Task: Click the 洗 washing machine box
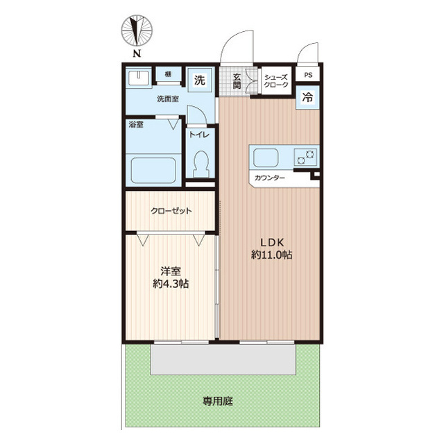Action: (200, 79)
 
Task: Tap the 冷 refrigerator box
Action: (307, 98)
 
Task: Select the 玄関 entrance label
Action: (237, 80)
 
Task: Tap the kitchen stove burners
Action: (306, 157)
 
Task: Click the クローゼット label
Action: (171, 212)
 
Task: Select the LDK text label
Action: (271, 241)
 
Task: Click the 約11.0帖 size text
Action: (271, 255)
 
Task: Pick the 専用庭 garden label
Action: (217, 401)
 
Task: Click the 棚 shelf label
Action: (169, 74)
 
